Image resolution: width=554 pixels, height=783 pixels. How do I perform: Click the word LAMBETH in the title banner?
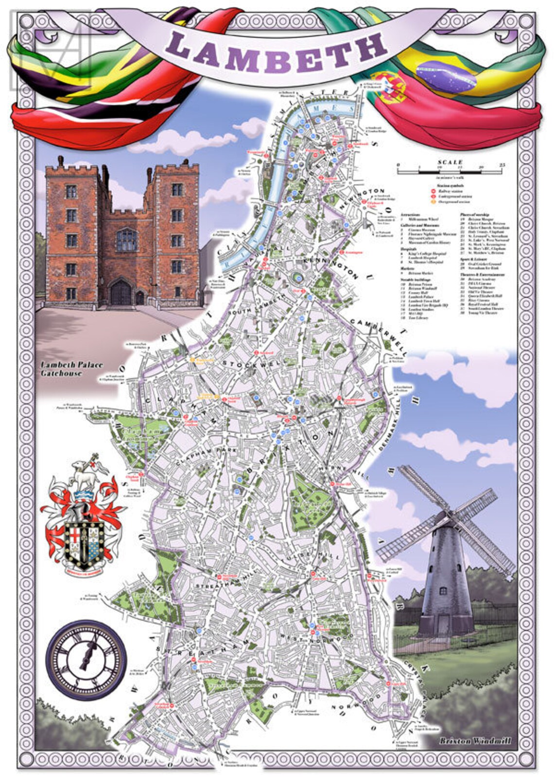pos(277,49)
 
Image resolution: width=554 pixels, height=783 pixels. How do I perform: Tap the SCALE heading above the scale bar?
pos(450,162)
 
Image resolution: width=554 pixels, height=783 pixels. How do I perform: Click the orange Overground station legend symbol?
pos(433,201)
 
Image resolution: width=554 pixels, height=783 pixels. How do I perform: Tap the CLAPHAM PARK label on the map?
pos(207,456)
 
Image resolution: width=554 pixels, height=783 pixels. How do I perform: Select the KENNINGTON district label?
pos(331,267)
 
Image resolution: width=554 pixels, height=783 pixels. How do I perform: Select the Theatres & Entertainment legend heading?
pos(482,275)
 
